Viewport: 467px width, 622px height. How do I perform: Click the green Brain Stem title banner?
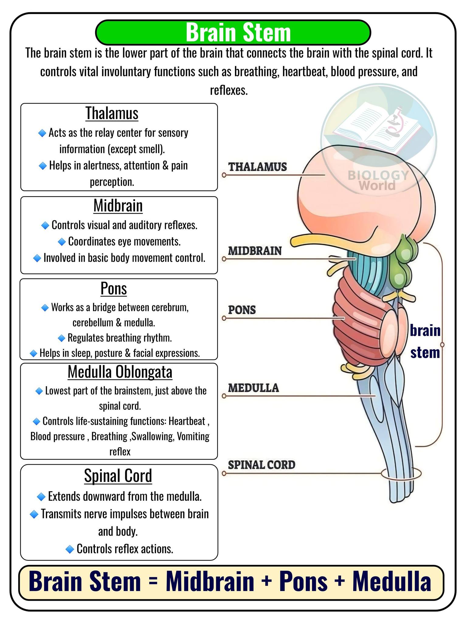click(x=233, y=32)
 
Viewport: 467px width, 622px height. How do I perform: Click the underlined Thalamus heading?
click(x=112, y=113)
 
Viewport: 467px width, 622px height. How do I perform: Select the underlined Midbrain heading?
click(x=118, y=206)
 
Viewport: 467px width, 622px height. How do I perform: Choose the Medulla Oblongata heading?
click(x=120, y=372)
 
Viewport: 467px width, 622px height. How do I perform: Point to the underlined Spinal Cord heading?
click(x=118, y=476)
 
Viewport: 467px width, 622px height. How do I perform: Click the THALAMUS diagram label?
click(x=258, y=167)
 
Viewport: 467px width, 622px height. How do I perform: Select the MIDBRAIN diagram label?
click(x=255, y=251)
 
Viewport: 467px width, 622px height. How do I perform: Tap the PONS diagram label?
click(x=242, y=310)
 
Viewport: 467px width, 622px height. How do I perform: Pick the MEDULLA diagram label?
click(x=254, y=388)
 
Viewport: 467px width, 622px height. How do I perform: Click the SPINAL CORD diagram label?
click(x=262, y=465)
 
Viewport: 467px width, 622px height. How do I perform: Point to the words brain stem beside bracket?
click(x=425, y=342)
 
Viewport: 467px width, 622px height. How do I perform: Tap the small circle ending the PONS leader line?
click(x=224, y=318)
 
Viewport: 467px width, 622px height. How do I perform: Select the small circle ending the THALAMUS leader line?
click(x=224, y=175)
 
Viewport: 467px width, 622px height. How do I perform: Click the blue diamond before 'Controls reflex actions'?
click(x=70, y=549)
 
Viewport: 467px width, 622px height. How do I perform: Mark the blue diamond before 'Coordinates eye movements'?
click(x=62, y=242)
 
